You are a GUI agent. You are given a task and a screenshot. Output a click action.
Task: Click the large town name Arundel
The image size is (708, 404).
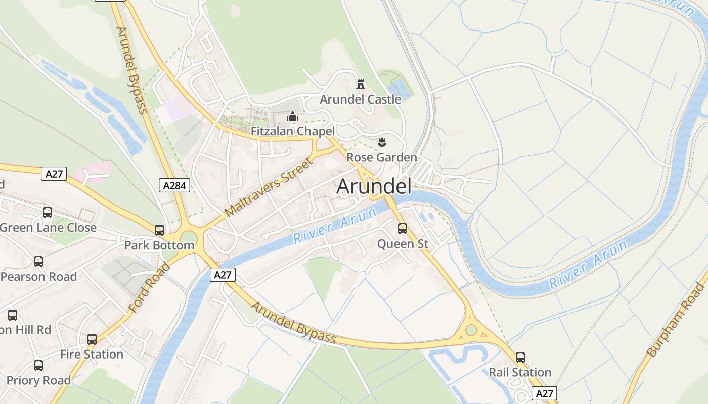[x=374, y=186]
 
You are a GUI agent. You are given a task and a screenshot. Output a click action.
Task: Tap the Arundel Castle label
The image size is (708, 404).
[x=360, y=99]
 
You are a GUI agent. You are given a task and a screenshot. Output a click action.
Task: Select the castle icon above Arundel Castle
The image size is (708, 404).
[x=361, y=84]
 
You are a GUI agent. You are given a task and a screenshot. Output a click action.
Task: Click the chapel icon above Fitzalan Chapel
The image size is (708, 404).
[x=293, y=117]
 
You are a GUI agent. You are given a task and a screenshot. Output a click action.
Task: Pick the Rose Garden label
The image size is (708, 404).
[x=381, y=157]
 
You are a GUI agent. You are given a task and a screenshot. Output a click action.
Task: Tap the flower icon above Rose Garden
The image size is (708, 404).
[x=382, y=142]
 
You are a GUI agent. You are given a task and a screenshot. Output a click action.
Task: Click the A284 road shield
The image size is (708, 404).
[x=174, y=185]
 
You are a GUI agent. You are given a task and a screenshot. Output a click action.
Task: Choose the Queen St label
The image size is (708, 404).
[x=403, y=244]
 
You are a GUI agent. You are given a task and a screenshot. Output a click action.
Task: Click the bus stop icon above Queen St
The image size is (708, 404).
[x=403, y=229]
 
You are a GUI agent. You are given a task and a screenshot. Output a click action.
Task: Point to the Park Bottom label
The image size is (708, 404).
[x=159, y=245]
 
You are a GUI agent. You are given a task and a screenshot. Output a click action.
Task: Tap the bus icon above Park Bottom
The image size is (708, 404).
[x=159, y=230]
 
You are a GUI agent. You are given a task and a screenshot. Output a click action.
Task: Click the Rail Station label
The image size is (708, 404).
[x=520, y=372]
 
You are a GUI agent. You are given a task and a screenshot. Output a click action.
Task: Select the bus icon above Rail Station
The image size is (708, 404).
[x=520, y=358]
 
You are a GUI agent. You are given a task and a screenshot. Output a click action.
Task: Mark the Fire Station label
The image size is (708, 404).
[x=92, y=354]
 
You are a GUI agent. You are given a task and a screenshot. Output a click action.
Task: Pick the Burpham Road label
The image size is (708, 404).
[x=675, y=320]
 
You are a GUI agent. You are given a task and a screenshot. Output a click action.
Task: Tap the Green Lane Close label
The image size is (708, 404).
[x=48, y=228]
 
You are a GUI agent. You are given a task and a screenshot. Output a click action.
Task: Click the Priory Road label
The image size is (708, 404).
[x=38, y=380]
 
